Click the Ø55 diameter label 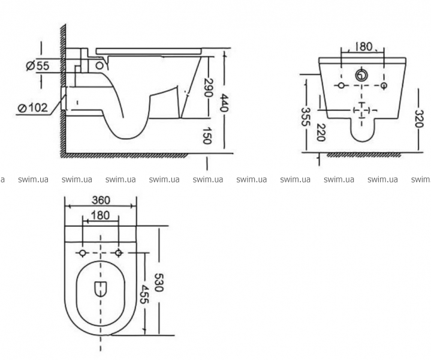pyautogui.click(x=38, y=66)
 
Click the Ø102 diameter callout pyautogui.click(x=32, y=107)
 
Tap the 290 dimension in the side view pyautogui.click(x=209, y=88)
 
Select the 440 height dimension pyautogui.click(x=225, y=103)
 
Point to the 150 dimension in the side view pyautogui.click(x=207, y=136)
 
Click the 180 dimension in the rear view pyautogui.click(x=362, y=47)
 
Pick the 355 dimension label pyautogui.click(x=305, y=116)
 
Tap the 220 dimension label pyautogui.click(x=320, y=132)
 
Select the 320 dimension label pyautogui.click(x=418, y=119)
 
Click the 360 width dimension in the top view pyautogui.click(x=101, y=200)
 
